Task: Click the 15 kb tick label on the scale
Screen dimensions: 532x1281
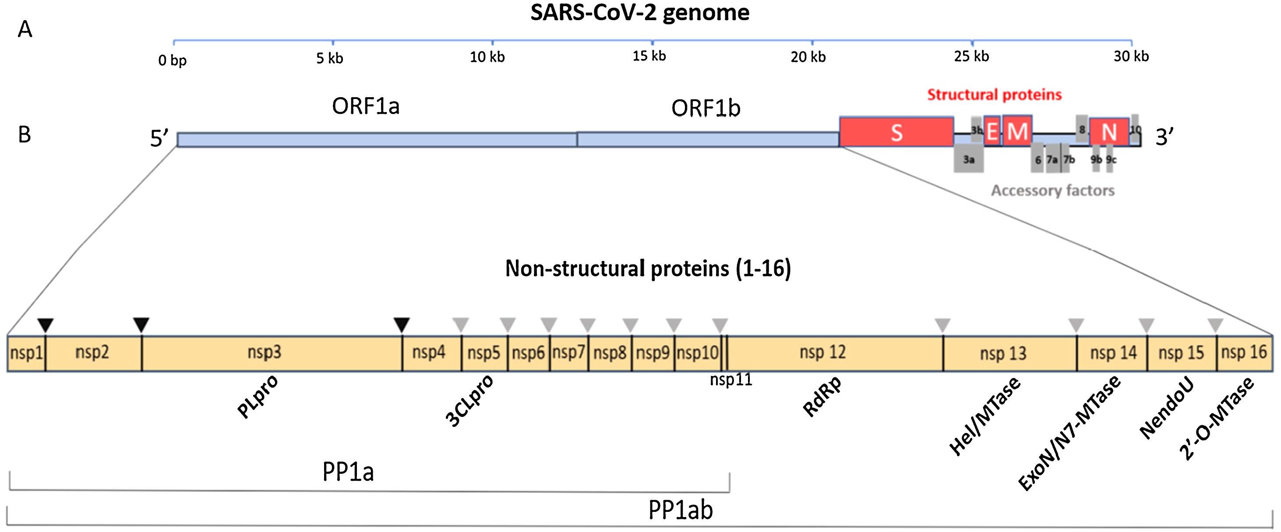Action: (x=649, y=56)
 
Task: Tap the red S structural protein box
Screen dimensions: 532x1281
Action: (x=896, y=132)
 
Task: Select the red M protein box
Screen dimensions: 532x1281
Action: (x=1017, y=131)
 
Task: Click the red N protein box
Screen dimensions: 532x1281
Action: (x=1109, y=132)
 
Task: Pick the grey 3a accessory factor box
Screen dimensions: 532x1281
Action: (x=968, y=159)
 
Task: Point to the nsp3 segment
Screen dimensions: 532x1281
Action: (x=265, y=353)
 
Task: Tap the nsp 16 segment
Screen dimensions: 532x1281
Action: (x=1244, y=353)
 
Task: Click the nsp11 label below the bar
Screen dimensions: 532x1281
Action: (x=730, y=381)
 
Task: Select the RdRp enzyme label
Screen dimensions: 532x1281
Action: (x=822, y=397)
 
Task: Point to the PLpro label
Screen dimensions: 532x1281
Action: (x=258, y=397)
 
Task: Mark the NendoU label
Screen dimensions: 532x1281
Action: (x=1167, y=410)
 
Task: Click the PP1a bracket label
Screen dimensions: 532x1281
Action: (x=348, y=472)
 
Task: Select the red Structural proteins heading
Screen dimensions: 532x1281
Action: (x=994, y=95)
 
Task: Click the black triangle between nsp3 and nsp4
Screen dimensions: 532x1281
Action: (x=401, y=325)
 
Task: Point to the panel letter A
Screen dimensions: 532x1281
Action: (x=25, y=30)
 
